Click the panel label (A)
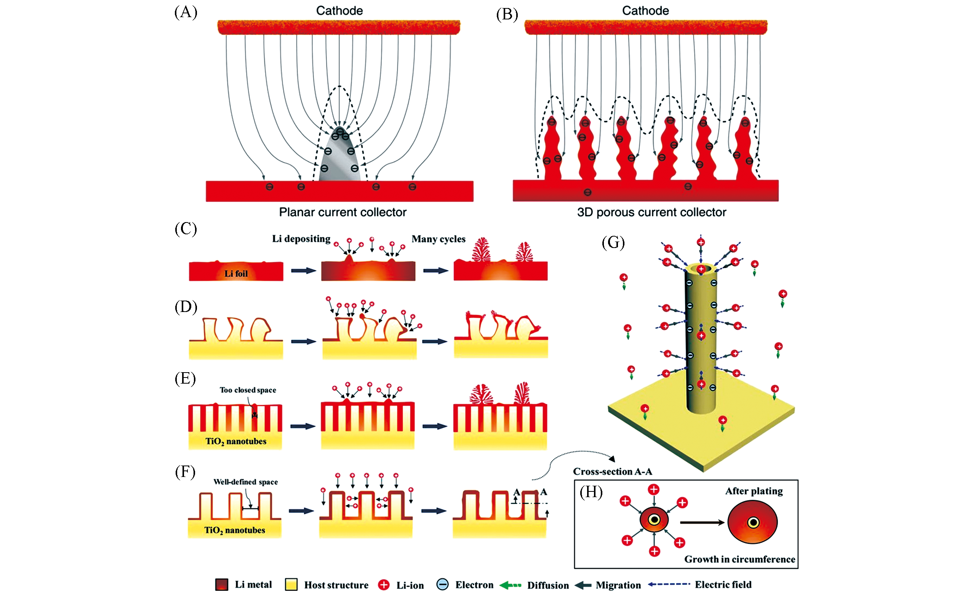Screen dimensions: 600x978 [186, 12]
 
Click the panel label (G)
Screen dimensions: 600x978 [613, 242]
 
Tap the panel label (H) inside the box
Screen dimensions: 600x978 [591, 492]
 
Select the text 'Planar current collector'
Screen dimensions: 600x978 [343, 212]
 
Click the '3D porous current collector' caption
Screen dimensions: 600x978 [651, 212]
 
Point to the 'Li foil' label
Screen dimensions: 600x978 [236, 274]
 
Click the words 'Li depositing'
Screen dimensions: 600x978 [301, 239]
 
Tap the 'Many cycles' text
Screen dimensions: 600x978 [438, 239]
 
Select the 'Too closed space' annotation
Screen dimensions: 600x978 [248, 390]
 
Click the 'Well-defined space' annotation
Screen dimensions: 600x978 [245, 482]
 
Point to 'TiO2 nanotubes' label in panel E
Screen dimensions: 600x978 [236, 441]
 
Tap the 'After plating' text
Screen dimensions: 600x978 [754, 491]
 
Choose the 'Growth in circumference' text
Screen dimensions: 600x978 [740, 559]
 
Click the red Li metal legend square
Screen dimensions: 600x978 [221, 584]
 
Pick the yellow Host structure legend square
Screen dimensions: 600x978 [291, 584]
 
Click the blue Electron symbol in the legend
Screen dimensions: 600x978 [442, 584]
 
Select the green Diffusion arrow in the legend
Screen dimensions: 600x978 [510, 585]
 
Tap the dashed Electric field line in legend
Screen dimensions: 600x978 [669, 584]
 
